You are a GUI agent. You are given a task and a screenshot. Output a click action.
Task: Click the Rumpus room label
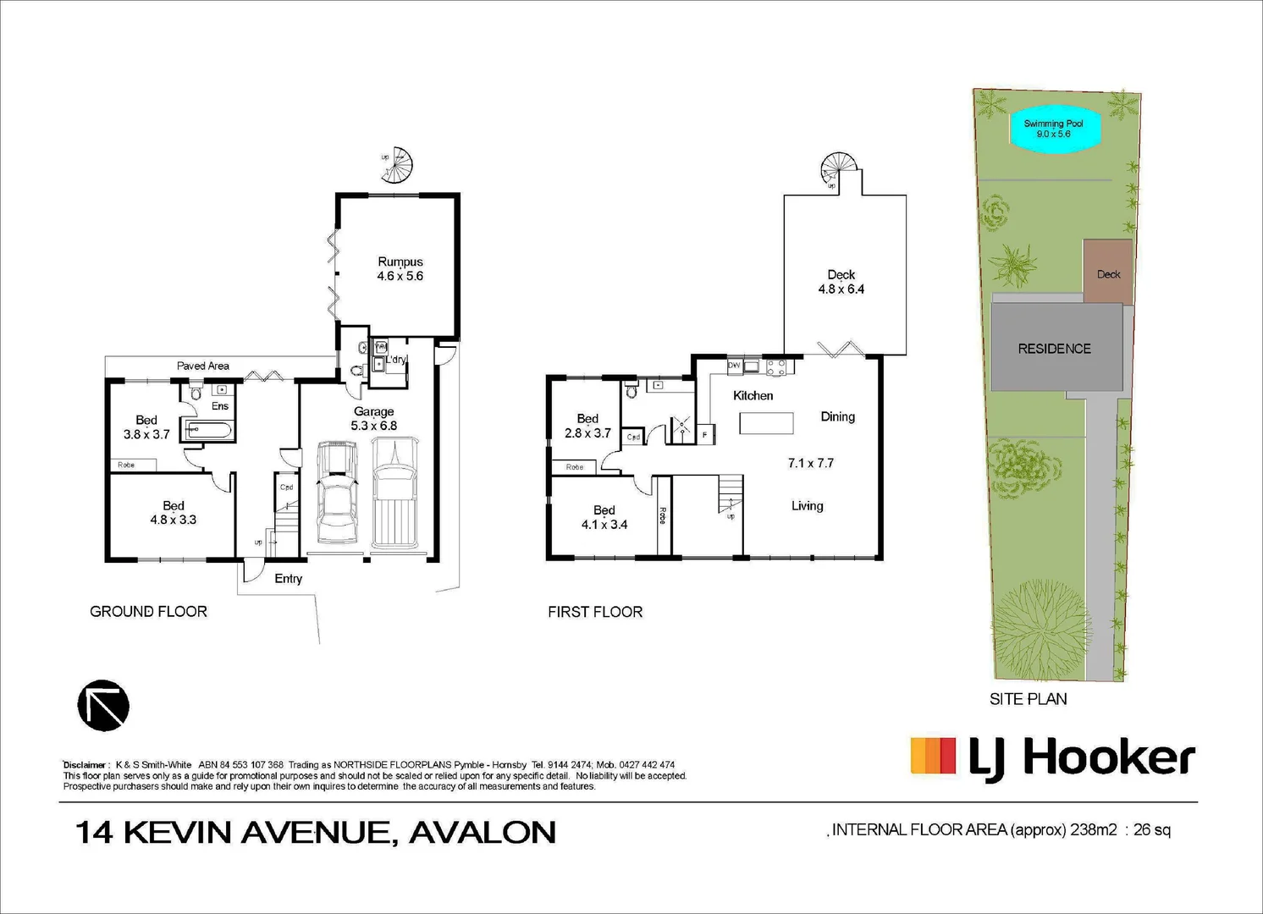(400, 269)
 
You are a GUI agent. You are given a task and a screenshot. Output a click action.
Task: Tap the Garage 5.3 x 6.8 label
(373, 419)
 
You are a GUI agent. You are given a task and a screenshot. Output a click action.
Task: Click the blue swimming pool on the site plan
(1052, 129)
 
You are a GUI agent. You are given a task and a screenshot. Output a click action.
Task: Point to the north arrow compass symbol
(103, 705)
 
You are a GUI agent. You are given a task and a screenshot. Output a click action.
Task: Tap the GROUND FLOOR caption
(148, 611)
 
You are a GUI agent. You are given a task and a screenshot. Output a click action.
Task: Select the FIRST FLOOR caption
(595, 612)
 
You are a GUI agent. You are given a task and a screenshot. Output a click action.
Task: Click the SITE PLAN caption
(1028, 699)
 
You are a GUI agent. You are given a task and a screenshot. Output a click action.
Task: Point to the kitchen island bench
(766, 422)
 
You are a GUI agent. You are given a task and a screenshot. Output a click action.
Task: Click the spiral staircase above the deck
(838, 168)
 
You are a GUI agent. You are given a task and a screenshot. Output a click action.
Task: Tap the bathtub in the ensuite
(207, 431)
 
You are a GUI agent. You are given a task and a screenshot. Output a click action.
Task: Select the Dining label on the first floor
(837, 416)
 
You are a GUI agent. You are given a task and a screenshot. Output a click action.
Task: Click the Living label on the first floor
(807, 506)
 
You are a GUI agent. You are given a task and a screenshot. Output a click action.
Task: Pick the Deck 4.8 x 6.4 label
(841, 282)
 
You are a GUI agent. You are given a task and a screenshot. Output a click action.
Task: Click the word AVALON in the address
(483, 833)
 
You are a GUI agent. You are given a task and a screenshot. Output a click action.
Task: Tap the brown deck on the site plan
(1108, 271)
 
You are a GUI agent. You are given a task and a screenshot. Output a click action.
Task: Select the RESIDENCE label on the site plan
(1054, 349)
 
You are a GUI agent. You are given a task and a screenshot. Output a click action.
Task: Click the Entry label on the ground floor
(288, 579)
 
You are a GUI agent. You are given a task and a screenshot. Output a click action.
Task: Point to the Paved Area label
(202, 366)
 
